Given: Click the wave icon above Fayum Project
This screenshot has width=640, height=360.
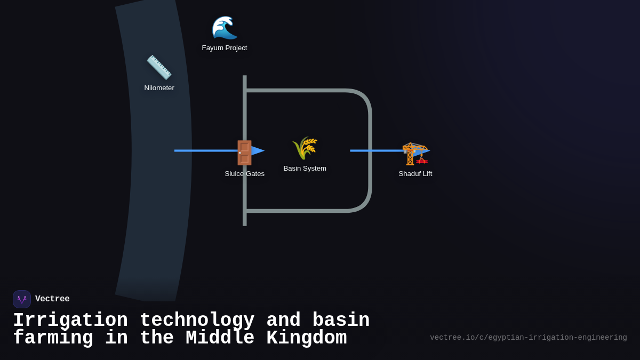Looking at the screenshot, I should click(225, 28).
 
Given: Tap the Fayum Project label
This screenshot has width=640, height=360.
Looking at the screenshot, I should click(225, 48).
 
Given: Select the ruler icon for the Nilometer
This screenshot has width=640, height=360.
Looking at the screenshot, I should click(159, 68).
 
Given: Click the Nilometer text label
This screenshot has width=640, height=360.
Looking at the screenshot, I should click(159, 88).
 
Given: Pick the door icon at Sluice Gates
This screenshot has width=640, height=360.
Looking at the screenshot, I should click(244, 153).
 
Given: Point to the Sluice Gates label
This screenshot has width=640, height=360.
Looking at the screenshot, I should click(244, 174).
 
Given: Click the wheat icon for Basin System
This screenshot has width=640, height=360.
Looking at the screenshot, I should click(305, 148).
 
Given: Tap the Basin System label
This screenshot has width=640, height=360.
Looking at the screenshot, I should click(305, 169).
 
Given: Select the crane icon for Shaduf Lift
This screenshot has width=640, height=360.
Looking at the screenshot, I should click(415, 154).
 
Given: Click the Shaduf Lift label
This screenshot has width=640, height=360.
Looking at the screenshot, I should click(415, 174).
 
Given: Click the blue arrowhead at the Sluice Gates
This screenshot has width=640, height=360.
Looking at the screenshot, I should click(258, 151).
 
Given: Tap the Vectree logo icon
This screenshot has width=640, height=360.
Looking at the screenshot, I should click(22, 299).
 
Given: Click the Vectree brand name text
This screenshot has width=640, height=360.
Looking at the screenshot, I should click(52, 299).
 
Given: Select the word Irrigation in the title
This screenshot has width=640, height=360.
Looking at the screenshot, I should click(70, 321).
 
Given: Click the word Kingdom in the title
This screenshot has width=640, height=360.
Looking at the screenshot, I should click(306, 338).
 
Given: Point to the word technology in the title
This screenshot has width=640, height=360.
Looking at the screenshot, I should click(197, 321).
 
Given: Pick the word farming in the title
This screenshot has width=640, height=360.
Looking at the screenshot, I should click(53, 338).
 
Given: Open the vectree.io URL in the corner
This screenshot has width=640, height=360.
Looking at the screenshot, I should click(528, 338).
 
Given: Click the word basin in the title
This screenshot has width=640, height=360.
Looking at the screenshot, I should click(341, 321).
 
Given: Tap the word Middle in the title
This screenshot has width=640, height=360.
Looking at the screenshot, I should click(220, 338).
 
